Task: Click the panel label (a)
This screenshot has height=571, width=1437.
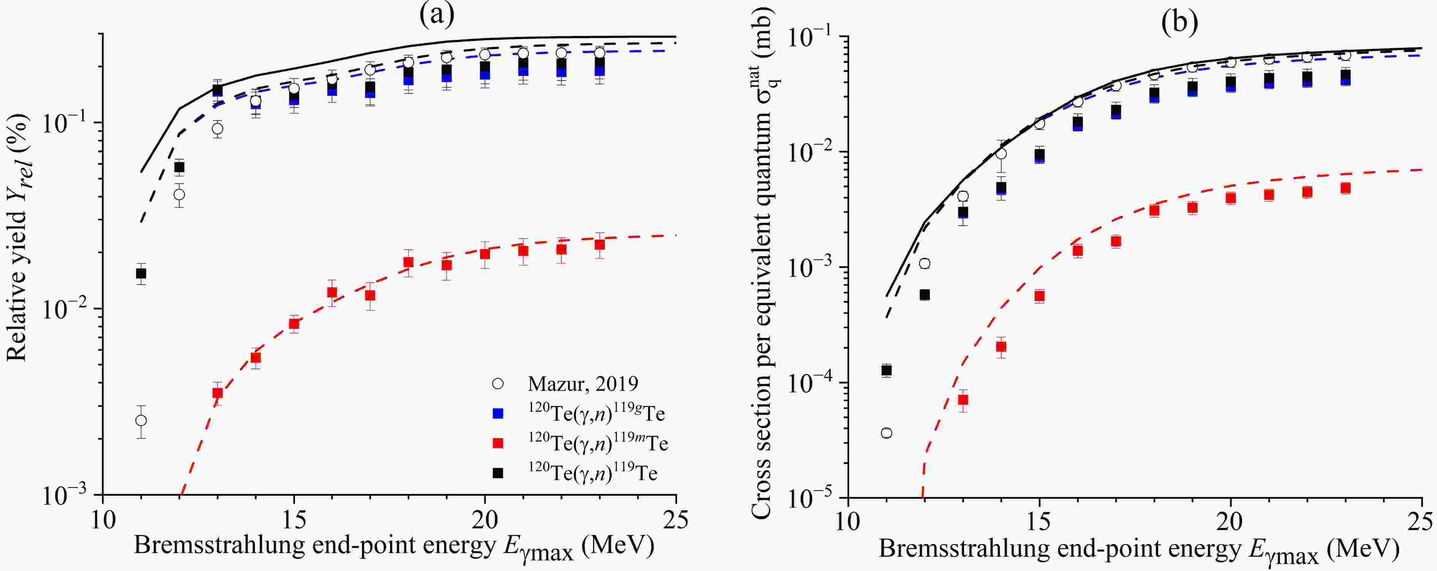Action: point(437,15)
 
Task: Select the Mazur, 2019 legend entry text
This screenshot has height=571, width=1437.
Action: point(583,384)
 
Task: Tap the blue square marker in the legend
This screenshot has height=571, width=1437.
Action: point(498,414)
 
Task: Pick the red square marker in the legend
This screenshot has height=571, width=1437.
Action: point(498,443)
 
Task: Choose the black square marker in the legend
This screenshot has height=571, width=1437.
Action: point(498,473)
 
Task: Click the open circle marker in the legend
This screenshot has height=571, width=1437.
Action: point(498,384)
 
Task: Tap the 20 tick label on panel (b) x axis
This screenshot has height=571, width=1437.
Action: point(1230,522)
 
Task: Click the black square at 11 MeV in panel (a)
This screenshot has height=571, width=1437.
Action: point(141,273)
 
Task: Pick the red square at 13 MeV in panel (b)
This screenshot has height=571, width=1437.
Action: point(963,400)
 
